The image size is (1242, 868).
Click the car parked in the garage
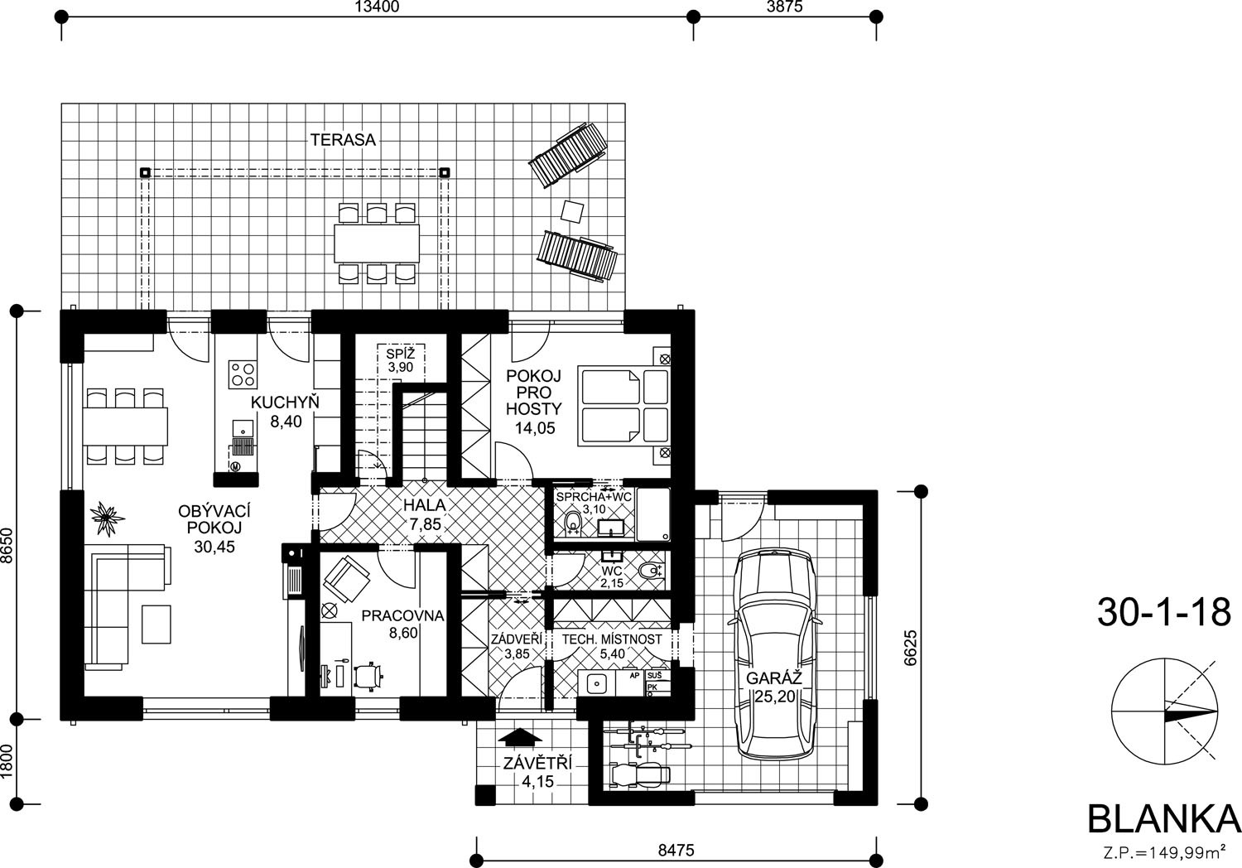[x=774, y=654]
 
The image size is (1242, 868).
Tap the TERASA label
[x=343, y=140]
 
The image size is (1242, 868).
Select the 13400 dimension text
[x=377, y=6]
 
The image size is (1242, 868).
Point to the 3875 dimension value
[x=785, y=6]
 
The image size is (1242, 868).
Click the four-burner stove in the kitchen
[x=243, y=374]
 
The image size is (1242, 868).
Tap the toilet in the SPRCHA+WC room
[x=572, y=523]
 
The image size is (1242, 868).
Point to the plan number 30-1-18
[x=1164, y=612]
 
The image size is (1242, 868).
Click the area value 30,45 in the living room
[x=214, y=547]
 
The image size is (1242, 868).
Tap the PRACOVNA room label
[x=402, y=615]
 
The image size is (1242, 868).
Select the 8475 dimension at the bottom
[x=676, y=850]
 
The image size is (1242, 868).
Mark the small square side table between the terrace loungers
[x=572, y=210]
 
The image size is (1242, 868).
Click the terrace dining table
[x=377, y=243]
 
